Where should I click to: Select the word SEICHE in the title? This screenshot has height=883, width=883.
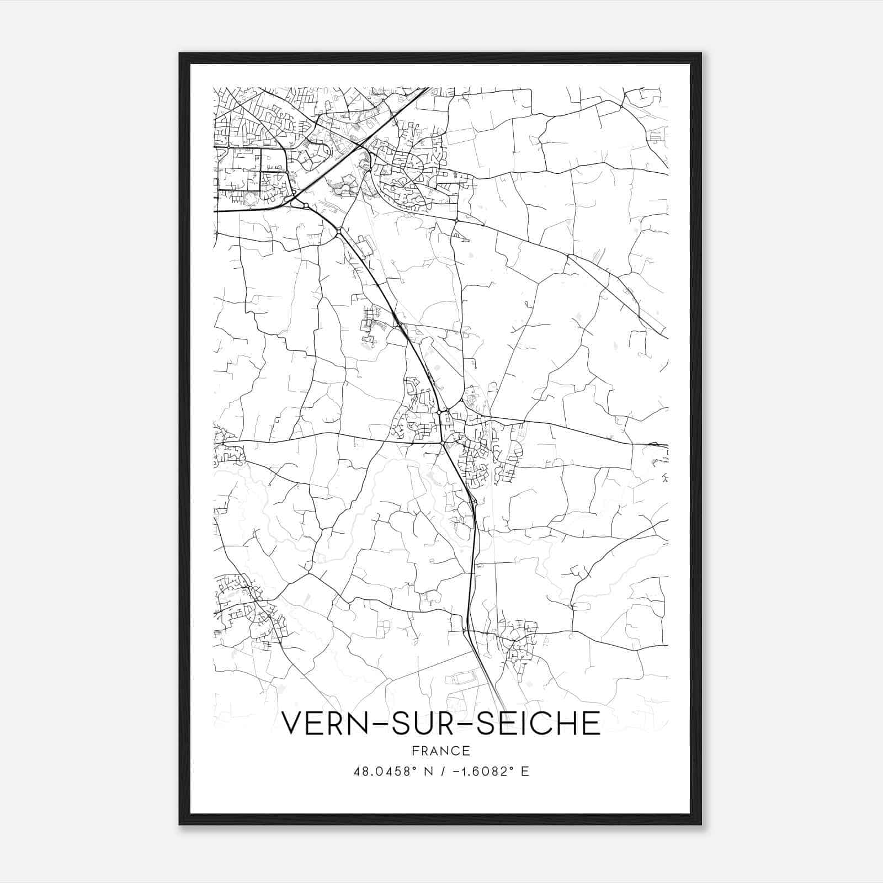coord(539,723)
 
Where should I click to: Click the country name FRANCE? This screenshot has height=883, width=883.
coord(441,751)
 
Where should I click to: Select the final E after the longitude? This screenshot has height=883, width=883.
coord(525,772)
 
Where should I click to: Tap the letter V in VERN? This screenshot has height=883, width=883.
coord(293,723)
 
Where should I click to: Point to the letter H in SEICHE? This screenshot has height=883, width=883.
coord(563,723)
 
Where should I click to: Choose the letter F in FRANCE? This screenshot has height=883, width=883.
coord(415,751)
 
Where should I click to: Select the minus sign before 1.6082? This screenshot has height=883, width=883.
coord(456,772)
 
